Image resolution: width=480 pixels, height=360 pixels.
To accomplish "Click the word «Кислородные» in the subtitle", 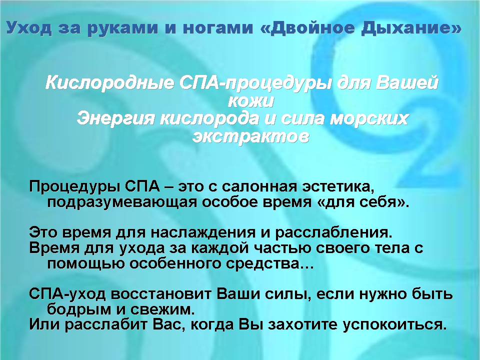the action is click(x=109, y=83).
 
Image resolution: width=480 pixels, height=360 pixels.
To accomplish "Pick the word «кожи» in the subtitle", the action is click(x=250, y=101).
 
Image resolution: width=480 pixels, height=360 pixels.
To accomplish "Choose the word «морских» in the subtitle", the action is click(x=368, y=119).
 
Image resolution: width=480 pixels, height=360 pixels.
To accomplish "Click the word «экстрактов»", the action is click(x=250, y=136).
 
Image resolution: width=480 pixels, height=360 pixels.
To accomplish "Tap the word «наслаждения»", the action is click(x=202, y=232).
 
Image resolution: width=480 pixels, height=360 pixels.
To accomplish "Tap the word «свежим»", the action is click(x=162, y=310).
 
